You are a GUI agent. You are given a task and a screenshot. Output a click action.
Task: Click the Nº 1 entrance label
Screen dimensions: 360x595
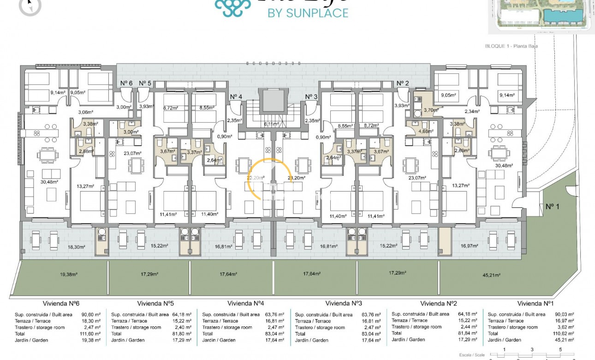pos(552,206)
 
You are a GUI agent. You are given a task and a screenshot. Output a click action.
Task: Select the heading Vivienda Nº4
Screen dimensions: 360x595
pos(245,303)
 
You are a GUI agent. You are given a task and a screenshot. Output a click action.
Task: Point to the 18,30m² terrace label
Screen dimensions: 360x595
pos(77,247)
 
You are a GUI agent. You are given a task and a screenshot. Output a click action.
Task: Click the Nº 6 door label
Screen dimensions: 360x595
pos(126,83)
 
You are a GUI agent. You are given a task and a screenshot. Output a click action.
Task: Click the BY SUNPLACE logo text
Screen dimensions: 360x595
pos(308,13)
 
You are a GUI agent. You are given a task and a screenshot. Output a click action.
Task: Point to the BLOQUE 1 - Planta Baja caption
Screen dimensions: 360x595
pos(512,46)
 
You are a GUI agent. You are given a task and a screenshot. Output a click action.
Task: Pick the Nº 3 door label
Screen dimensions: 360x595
pos(311,96)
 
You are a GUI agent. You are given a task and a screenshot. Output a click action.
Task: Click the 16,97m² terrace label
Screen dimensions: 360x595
pos(470,246)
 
